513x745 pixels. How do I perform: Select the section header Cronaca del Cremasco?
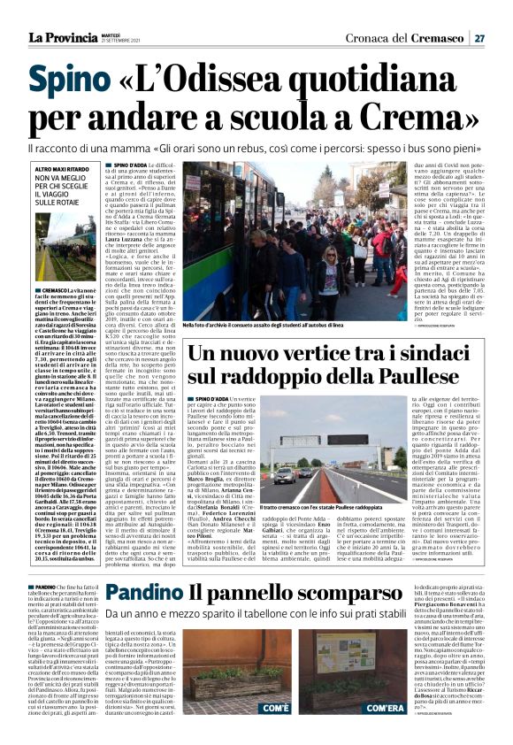click(416, 37)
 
